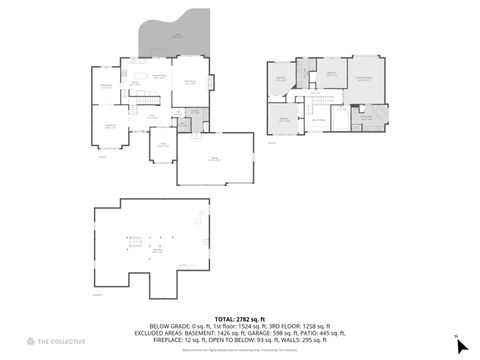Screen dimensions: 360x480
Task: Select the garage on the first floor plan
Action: pyautogui.click(x=215, y=160)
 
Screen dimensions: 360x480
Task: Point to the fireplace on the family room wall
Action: pyautogui.click(x=209, y=82)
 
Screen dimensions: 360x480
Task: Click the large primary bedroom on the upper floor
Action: pyautogui.click(x=365, y=80)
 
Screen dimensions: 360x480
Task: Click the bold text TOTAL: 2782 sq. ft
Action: pyautogui.click(x=239, y=318)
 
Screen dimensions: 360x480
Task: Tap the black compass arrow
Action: pyautogui.click(x=461, y=347)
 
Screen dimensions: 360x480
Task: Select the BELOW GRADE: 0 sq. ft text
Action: pyautogui.click(x=177, y=325)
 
